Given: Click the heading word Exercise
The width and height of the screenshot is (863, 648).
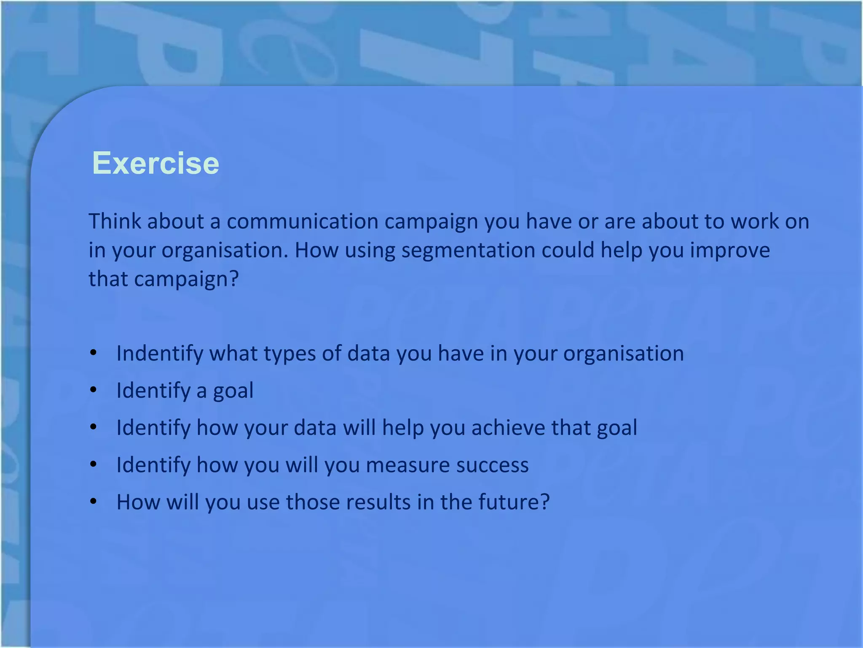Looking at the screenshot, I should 155,163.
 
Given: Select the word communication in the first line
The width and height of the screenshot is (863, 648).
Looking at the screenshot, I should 302,221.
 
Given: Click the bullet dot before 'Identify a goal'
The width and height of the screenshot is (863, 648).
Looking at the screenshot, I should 94,390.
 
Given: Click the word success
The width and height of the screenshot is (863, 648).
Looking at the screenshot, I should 492,465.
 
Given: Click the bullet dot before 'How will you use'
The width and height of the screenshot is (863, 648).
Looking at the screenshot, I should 94,502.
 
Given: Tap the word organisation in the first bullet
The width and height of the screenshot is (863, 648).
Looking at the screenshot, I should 623,354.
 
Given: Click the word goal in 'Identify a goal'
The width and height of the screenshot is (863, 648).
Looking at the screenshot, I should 233,391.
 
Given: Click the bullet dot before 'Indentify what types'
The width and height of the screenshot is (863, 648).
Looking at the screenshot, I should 94,353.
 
